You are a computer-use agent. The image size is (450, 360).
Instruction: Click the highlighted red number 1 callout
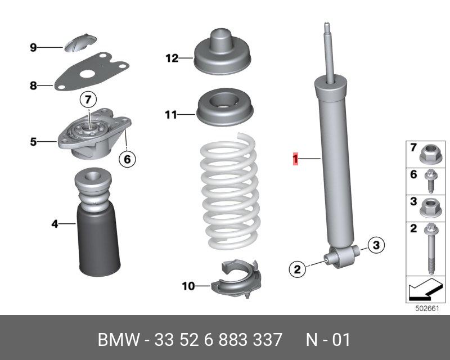click(x=295, y=159)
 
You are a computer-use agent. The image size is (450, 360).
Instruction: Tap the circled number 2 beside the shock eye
click(x=298, y=269)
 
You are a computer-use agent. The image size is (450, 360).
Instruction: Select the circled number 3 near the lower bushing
click(x=376, y=245)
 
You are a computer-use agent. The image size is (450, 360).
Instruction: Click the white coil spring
click(x=230, y=191)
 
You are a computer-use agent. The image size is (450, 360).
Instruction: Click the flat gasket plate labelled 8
click(x=92, y=71)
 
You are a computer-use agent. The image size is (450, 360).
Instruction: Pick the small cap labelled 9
click(x=80, y=43)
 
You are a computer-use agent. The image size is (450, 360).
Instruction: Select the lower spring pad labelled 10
click(x=236, y=278)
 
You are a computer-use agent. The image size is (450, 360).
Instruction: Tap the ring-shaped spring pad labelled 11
click(x=224, y=107)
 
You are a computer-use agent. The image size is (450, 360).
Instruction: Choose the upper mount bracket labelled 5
click(x=94, y=133)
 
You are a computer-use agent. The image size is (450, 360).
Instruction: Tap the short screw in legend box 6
click(x=431, y=181)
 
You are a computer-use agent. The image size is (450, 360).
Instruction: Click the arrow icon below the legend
click(x=425, y=289)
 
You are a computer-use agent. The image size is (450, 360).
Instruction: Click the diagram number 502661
click(x=427, y=309)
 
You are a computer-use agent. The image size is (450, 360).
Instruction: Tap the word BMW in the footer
click(x=119, y=340)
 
